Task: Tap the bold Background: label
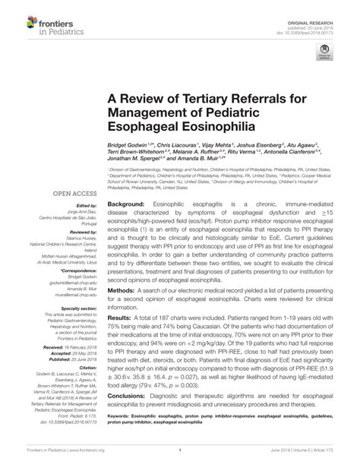click(128, 206)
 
